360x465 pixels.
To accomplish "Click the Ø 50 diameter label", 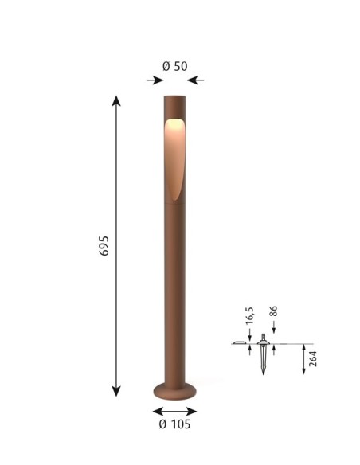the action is pyautogui.click(x=175, y=66).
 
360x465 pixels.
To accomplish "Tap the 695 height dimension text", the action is pyautogui.click(x=104, y=246).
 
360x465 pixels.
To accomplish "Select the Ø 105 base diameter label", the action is pyautogui.click(x=174, y=424).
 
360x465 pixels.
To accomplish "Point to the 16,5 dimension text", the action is pyautogui.click(x=250, y=315).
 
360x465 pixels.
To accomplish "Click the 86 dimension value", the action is pyautogui.click(x=273, y=311).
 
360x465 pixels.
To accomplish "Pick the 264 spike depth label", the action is pyautogui.click(x=313, y=359).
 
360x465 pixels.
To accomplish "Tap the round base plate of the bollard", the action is pyautogui.click(x=175, y=391).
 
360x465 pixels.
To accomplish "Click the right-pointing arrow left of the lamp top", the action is pyautogui.click(x=155, y=80).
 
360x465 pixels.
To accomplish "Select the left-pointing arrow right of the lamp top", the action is pyautogui.click(x=195, y=80).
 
